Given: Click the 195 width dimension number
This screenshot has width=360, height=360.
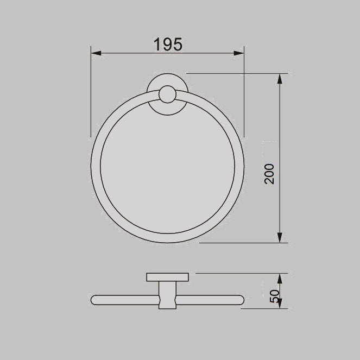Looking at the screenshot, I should [x=167, y=45].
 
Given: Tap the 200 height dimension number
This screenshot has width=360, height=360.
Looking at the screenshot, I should [x=270, y=174].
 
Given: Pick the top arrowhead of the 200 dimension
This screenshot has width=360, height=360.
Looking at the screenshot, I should [x=280, y=78].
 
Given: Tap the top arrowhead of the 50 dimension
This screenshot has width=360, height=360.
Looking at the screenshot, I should [x=280, y=279].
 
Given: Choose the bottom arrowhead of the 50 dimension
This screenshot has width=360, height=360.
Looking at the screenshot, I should [x=280, y=305].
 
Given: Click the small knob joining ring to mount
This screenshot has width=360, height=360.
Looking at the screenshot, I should [x=166, y=96].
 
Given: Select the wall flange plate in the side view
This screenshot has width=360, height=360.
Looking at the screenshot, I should [x=167, y=277].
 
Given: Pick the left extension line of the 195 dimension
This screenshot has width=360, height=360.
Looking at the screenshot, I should [x=91, y=92].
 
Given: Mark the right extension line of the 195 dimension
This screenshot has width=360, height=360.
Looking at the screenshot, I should [x=244, y=92].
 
